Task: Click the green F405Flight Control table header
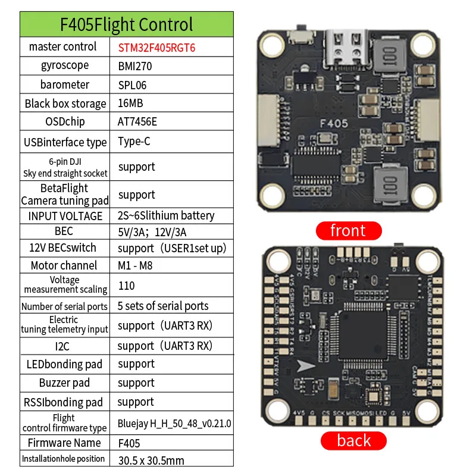coord(126,24)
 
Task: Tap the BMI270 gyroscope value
coord(135,66)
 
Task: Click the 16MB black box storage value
coord(130,103)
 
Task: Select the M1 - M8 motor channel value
coord(135,265)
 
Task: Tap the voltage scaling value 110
coord(127,286)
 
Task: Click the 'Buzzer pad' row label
coord(64,383)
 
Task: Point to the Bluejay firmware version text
coord(174,423)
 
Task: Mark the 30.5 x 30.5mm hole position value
coord(151,459)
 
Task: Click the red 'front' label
coord(347,230)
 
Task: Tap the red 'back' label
coord(353,441)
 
